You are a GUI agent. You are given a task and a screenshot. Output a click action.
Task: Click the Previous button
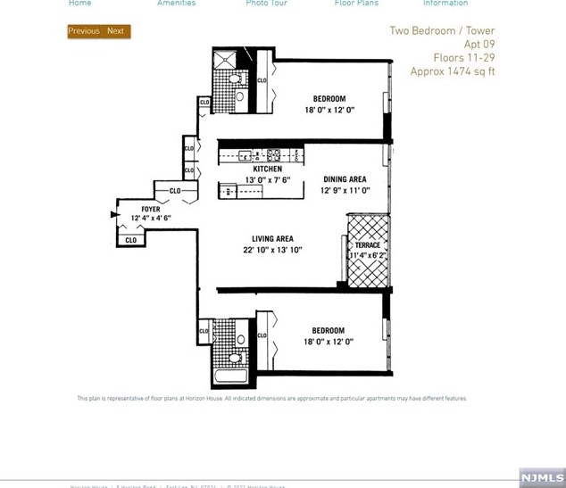84,31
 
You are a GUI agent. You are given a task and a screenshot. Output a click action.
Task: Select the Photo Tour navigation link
266,4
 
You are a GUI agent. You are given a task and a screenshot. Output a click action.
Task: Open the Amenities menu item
177,4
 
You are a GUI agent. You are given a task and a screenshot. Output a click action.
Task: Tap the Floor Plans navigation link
356,4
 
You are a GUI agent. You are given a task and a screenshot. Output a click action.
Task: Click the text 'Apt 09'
479,45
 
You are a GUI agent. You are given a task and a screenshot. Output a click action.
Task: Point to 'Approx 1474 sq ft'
452,71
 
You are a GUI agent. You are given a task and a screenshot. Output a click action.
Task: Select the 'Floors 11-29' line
463,58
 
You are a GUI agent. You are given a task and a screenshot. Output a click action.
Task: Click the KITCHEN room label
267,169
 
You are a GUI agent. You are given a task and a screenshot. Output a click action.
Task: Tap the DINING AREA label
345,179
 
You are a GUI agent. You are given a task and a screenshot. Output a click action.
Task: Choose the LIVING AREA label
272,239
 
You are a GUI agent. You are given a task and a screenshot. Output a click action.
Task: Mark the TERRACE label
367,245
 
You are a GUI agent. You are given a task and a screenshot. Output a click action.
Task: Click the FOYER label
151,210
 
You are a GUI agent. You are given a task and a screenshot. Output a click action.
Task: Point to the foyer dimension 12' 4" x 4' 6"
151,219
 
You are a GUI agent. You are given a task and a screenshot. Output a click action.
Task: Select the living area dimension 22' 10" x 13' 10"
272,251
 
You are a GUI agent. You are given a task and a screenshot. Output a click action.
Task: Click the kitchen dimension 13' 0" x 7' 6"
267,179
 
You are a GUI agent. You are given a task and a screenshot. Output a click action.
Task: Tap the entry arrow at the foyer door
115,215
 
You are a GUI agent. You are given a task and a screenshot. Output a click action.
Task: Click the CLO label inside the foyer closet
131,240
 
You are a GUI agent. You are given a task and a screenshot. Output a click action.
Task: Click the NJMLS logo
542,477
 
